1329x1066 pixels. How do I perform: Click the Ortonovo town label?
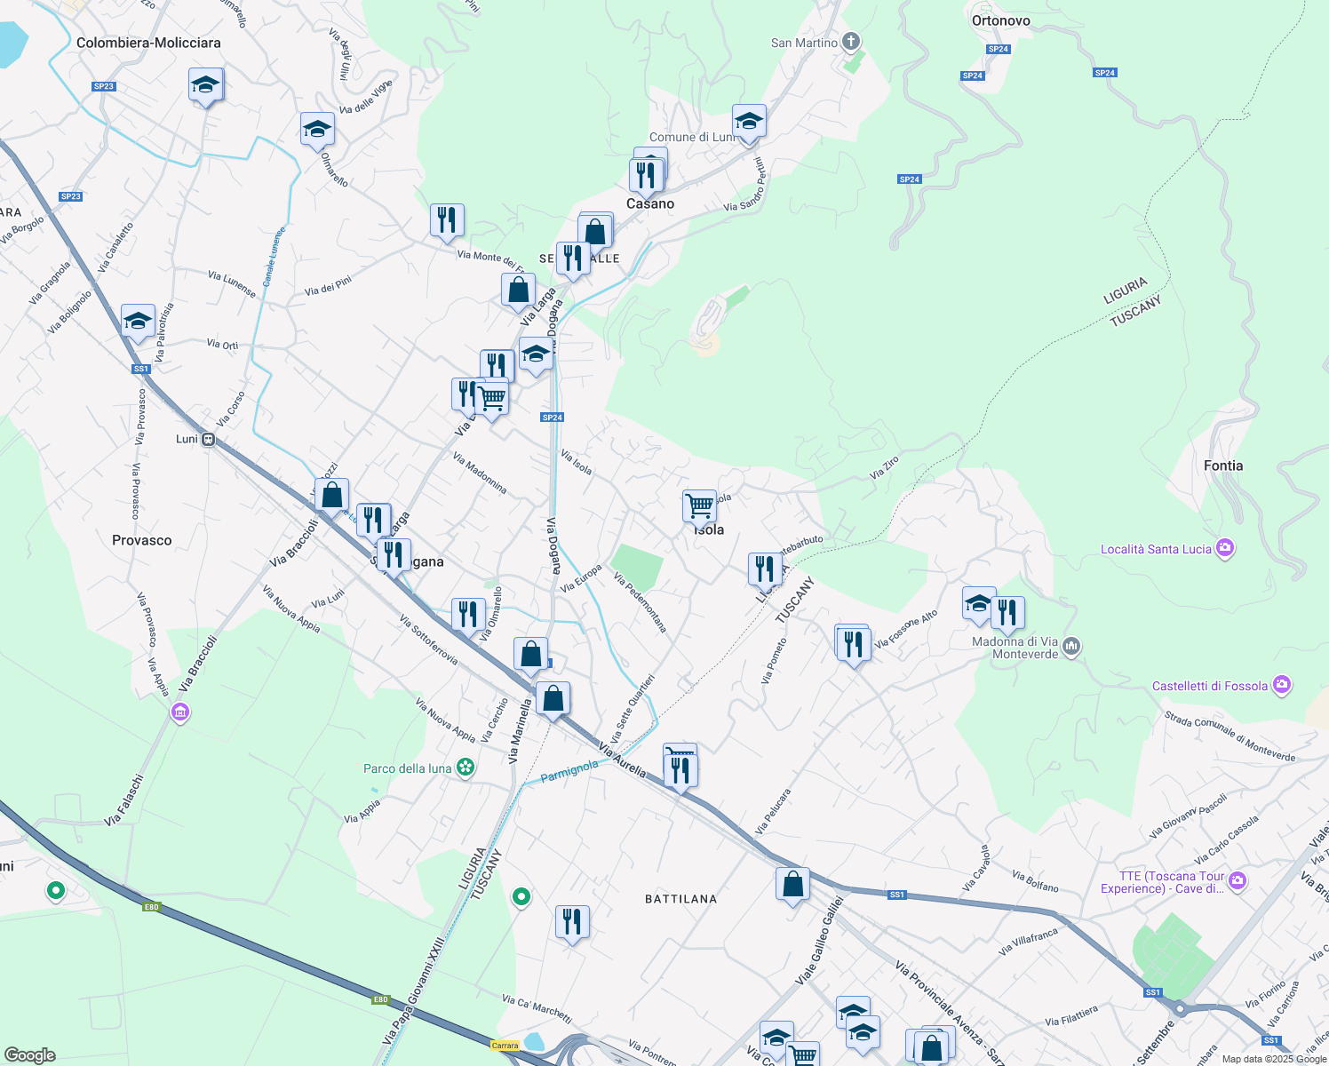[1000, 20]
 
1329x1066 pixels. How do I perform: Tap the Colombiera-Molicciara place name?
[148, 43]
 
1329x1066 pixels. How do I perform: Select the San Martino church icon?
[851, 42]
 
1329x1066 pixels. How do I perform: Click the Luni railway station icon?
[208, 439]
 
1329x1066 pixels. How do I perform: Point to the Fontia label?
[1222, 465]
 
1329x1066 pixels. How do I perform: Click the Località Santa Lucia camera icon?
[1226, 548]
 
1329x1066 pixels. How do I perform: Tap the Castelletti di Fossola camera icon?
[1281, 685]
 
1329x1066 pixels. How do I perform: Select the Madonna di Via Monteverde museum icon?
[1071, 646]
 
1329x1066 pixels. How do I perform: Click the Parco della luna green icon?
[466, 768]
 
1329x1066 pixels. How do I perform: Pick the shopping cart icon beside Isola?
[699, 505]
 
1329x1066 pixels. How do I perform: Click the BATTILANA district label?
[680, 899]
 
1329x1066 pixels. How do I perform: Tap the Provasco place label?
[142, 540]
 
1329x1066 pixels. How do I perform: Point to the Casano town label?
[650, 203]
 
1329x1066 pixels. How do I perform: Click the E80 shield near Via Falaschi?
[151, 907]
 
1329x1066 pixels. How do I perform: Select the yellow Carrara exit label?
[505, 1045]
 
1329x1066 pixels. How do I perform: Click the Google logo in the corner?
[29, 1055]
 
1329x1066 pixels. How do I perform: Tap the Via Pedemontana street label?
[641, 602]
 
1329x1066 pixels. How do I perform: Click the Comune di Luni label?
[692, 137]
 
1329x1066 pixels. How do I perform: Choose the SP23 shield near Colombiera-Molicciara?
[104, 86]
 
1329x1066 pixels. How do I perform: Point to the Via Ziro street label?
[884, 468]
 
